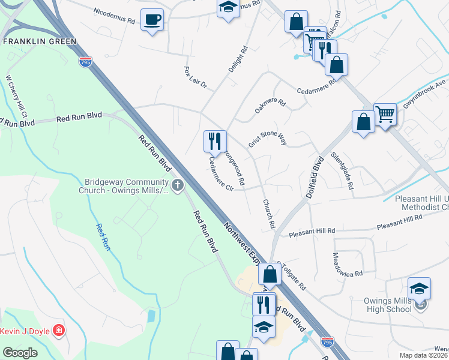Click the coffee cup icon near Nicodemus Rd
tap(152, 20)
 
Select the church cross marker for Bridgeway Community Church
tap(177, 185)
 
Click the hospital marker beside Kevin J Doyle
tap(58, 331)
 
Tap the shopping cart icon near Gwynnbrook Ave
tap(385, 114)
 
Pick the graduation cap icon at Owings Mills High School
tap(419, 287)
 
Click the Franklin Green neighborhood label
tap(40, 41)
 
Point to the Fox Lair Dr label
tap(195, 79)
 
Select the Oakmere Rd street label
tap(270, 106)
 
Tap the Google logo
tap(20, 353)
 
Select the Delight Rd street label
tap(238, 61)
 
